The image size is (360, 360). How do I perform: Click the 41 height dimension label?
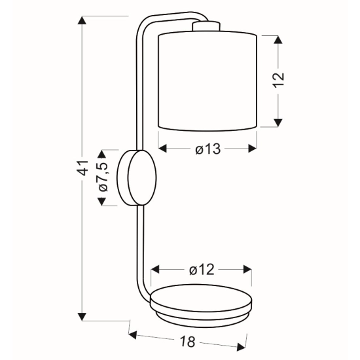click(84, 168)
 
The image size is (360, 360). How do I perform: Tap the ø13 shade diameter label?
click(208, 149)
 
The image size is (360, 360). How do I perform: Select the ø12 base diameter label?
click(202, 270)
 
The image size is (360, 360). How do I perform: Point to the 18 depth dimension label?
click(188, 342)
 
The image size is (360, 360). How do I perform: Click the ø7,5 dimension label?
click(103, 177)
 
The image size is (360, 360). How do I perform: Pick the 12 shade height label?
click(278, 80)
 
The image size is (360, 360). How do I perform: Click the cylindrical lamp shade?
click(207, 81)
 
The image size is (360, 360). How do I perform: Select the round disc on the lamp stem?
click(137, 177)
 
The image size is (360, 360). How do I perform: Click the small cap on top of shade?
click(206, 26)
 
